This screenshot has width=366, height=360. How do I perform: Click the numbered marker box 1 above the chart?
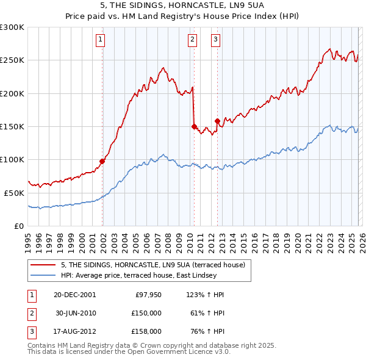point(100,40)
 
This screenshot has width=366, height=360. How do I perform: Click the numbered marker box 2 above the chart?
point(192,40)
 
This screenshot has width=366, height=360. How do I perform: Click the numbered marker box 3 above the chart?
point(216,40)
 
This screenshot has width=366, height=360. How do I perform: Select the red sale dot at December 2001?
point(102,161)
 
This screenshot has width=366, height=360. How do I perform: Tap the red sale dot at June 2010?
point(194,126)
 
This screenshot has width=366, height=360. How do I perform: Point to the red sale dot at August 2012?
point(217,121)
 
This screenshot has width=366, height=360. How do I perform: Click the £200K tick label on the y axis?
point(12,93)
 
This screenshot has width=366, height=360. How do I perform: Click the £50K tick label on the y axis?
point(14,193)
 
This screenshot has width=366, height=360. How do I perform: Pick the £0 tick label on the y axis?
point(18,226)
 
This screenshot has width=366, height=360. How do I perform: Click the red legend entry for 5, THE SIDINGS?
point(152,265)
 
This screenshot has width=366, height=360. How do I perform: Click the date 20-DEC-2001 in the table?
point(74,295)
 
